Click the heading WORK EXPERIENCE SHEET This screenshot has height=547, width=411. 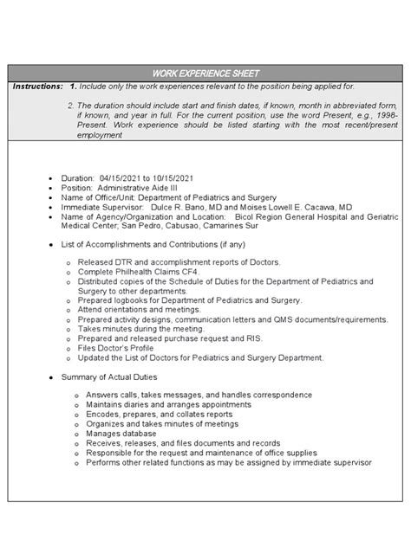(205, 73)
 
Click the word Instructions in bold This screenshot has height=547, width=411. (37, 86)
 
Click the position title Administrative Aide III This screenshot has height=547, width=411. (140, 186)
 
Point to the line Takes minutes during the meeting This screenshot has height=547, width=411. (141, 331)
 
